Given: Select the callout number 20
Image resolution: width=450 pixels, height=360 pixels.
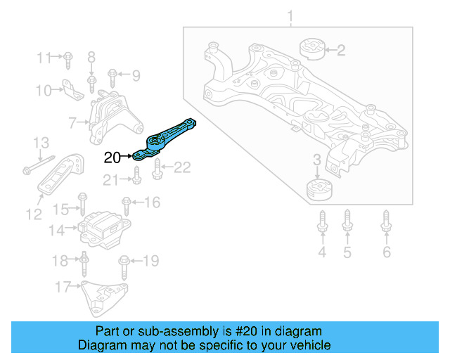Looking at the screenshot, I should [112, 157].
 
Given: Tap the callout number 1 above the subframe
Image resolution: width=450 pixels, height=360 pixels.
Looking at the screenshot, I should [290, 15].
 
